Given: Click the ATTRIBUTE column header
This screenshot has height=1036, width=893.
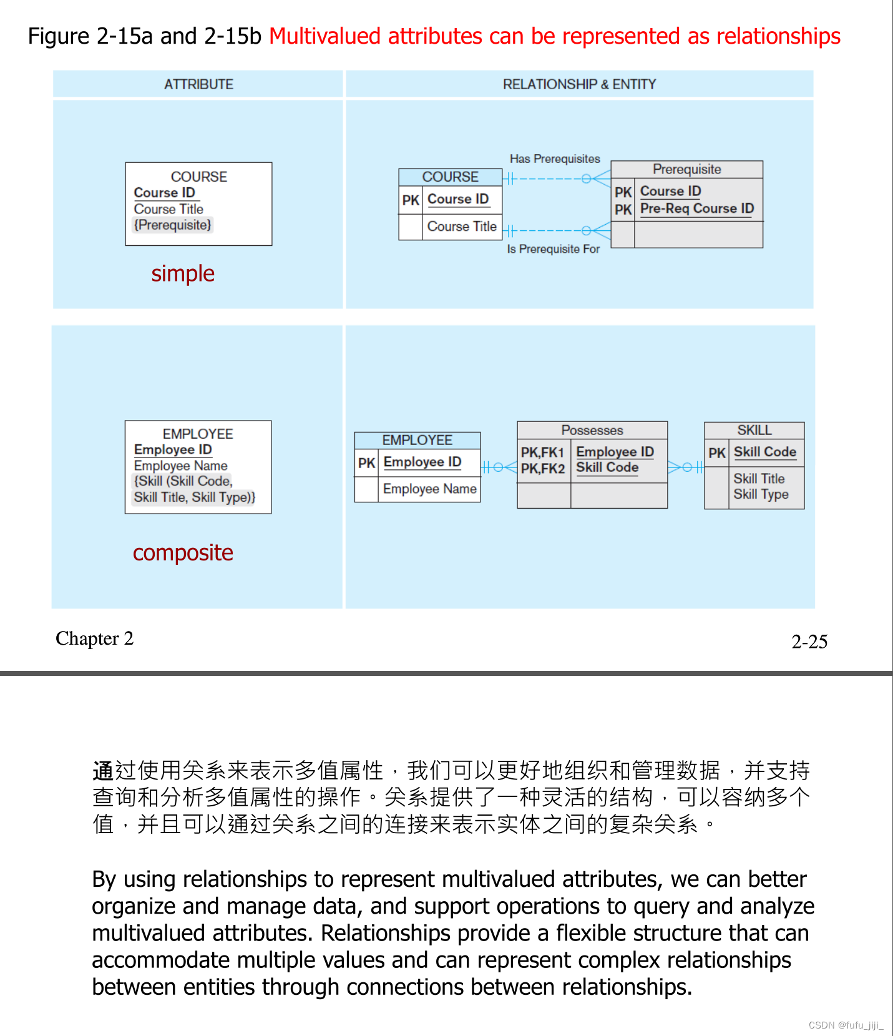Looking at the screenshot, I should [x=198, y=84].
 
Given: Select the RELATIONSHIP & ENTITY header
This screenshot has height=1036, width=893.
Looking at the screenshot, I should [x=579, y=84].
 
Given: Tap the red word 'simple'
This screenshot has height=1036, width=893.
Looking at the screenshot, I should [x=183, y=273].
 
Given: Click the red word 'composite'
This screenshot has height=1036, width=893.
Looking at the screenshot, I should [x=183, y=552].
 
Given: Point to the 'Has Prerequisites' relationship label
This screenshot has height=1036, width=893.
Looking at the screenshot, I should [x=555, y=159].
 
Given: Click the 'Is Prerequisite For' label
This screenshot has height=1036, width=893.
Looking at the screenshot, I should [x=553, y=249].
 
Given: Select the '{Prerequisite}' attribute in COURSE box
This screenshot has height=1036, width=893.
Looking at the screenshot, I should [x=173, y=225].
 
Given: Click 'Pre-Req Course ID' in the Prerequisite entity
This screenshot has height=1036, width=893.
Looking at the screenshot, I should [x=697, y=208].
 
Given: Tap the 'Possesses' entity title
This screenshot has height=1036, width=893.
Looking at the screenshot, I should [x=592, y=430].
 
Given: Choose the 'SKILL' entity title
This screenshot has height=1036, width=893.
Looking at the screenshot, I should [x=754, y=430].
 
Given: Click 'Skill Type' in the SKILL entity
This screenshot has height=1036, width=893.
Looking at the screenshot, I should [x=761, y=494].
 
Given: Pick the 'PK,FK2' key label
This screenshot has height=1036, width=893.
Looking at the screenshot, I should [x=543, y=468].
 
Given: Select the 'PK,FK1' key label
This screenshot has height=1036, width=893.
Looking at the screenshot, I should [x=543, y=452].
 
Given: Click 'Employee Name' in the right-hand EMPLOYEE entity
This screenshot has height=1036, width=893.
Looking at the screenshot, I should [x=429, y=489].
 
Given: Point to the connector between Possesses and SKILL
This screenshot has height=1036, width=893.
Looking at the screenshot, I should [x=686, y=467].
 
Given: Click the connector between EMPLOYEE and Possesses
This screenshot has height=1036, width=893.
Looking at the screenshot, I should [x=499, y=467].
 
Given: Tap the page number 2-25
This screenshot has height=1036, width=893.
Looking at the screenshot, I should [x=809, y=642].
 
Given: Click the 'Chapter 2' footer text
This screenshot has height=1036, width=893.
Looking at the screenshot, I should [x=94, y=638].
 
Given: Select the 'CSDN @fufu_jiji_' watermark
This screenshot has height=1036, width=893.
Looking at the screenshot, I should [x=846, y=1025].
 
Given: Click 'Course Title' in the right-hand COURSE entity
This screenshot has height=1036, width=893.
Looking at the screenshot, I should [x=462, y=227].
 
